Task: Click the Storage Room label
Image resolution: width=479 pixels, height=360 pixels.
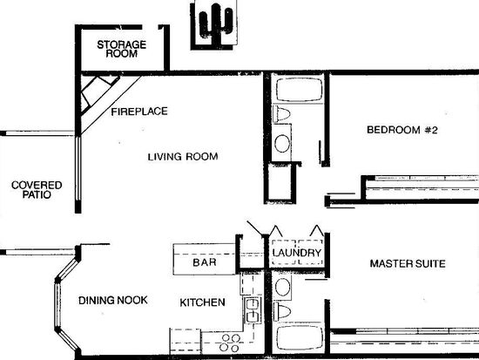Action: coord(122,49)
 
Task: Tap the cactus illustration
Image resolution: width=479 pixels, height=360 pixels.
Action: coord(216,24)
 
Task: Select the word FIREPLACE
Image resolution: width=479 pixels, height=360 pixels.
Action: coord(139,112)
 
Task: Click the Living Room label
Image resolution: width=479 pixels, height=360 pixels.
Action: coord(183,157)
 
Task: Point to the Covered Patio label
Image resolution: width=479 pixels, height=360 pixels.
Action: coord(37,190)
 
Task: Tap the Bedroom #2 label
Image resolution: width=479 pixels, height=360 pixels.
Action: coord(402,130)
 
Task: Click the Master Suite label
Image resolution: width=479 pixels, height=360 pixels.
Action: coord(408,263)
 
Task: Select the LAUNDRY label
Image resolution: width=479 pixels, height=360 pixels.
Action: coord(297,253)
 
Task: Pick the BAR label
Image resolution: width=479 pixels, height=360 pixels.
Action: coord(205,262)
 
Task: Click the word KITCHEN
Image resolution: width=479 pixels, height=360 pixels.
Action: coord(202,302)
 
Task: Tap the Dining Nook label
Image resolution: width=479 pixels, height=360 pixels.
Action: coord(113,300)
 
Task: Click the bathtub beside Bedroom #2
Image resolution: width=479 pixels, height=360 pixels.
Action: coord(299,90)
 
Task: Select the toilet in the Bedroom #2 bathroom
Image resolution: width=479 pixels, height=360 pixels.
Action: coord(281,114)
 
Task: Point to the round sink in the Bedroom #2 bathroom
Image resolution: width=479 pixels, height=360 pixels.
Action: coord(282,143)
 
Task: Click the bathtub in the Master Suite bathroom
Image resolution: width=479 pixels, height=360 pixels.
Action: coord(300,337)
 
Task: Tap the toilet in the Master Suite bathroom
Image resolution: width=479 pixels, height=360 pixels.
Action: coord(282,312)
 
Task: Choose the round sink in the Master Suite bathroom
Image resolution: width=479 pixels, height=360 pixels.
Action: coord(282,287)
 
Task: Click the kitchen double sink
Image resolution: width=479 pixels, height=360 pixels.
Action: coord(253,310)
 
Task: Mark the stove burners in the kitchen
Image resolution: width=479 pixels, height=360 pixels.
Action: coord(230,343)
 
